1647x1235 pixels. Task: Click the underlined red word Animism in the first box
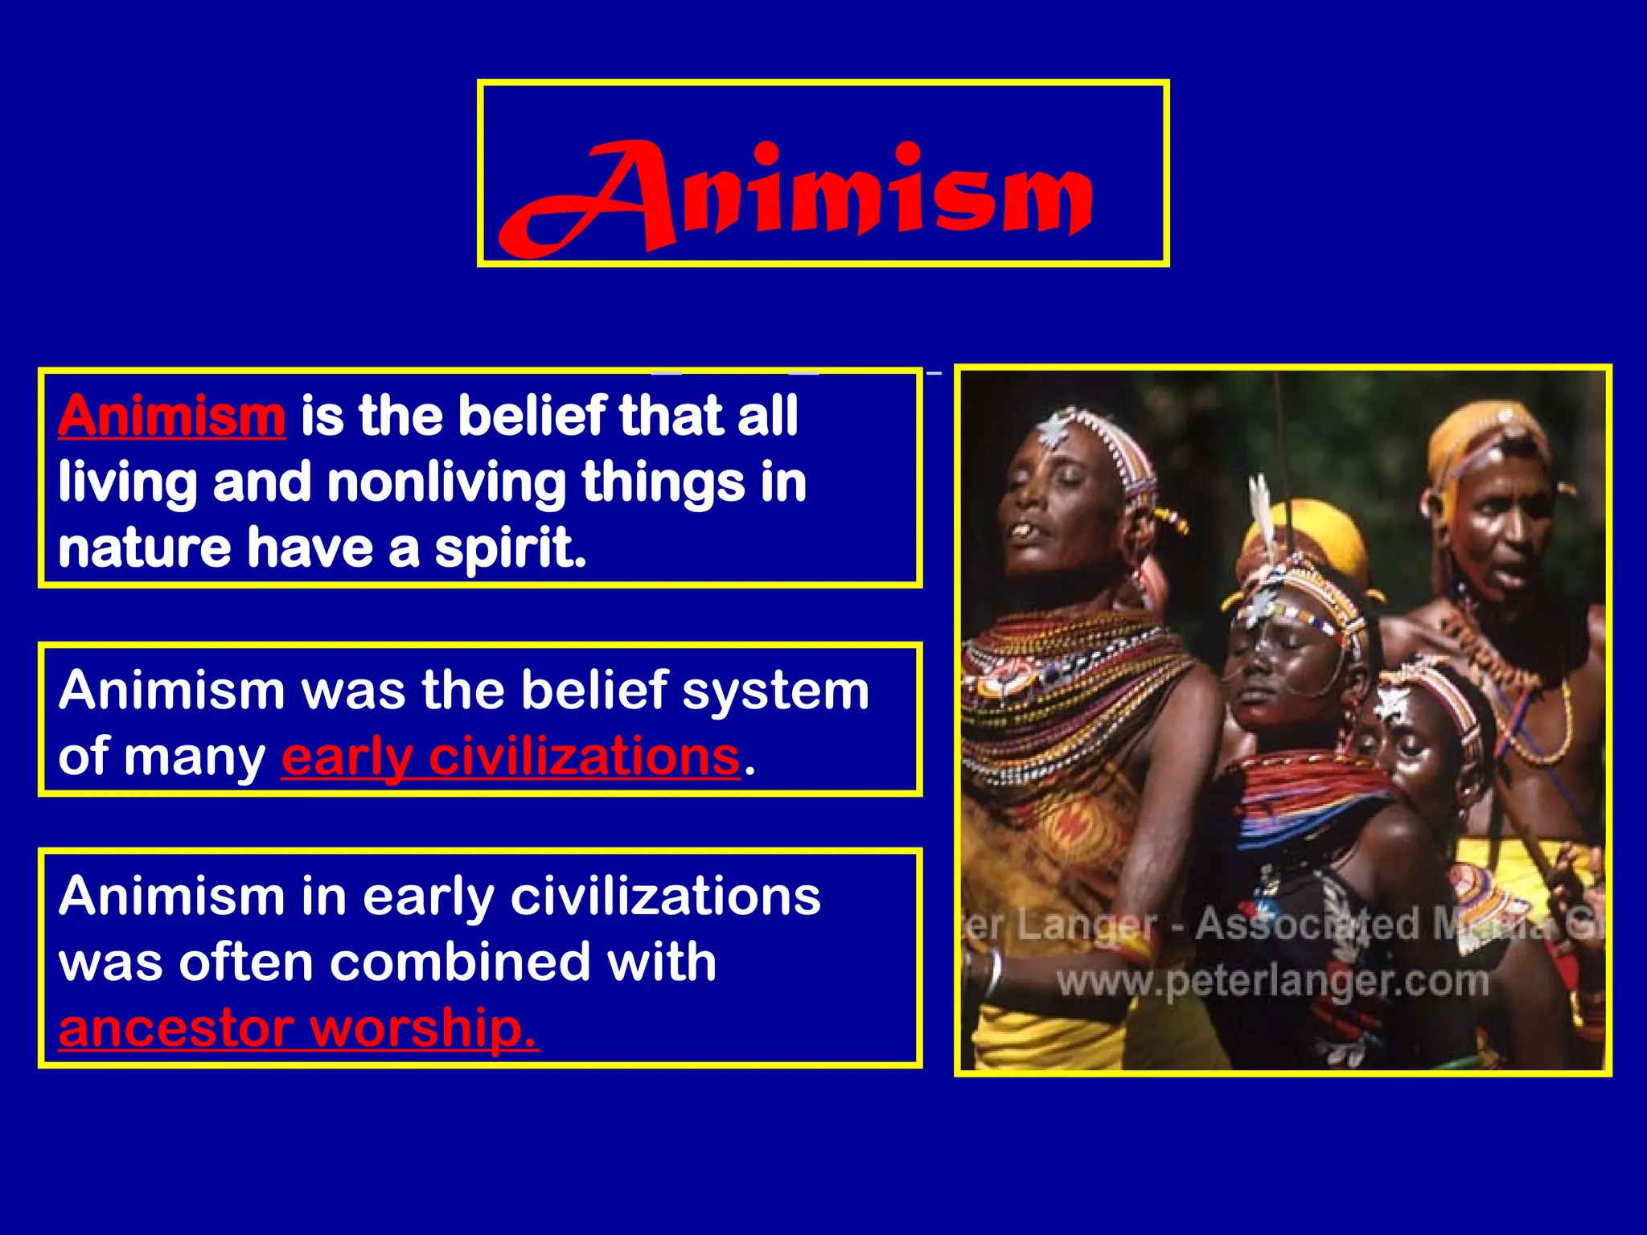pos(171,416)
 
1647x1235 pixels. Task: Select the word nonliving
pos(446,482)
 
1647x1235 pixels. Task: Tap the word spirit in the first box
pos(510,549)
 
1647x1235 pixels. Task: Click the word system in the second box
pos(775,691)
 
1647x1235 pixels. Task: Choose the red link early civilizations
pos(511,757)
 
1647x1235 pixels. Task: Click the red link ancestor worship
pos(298,1028)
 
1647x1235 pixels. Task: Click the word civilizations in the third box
pos(665,897)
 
